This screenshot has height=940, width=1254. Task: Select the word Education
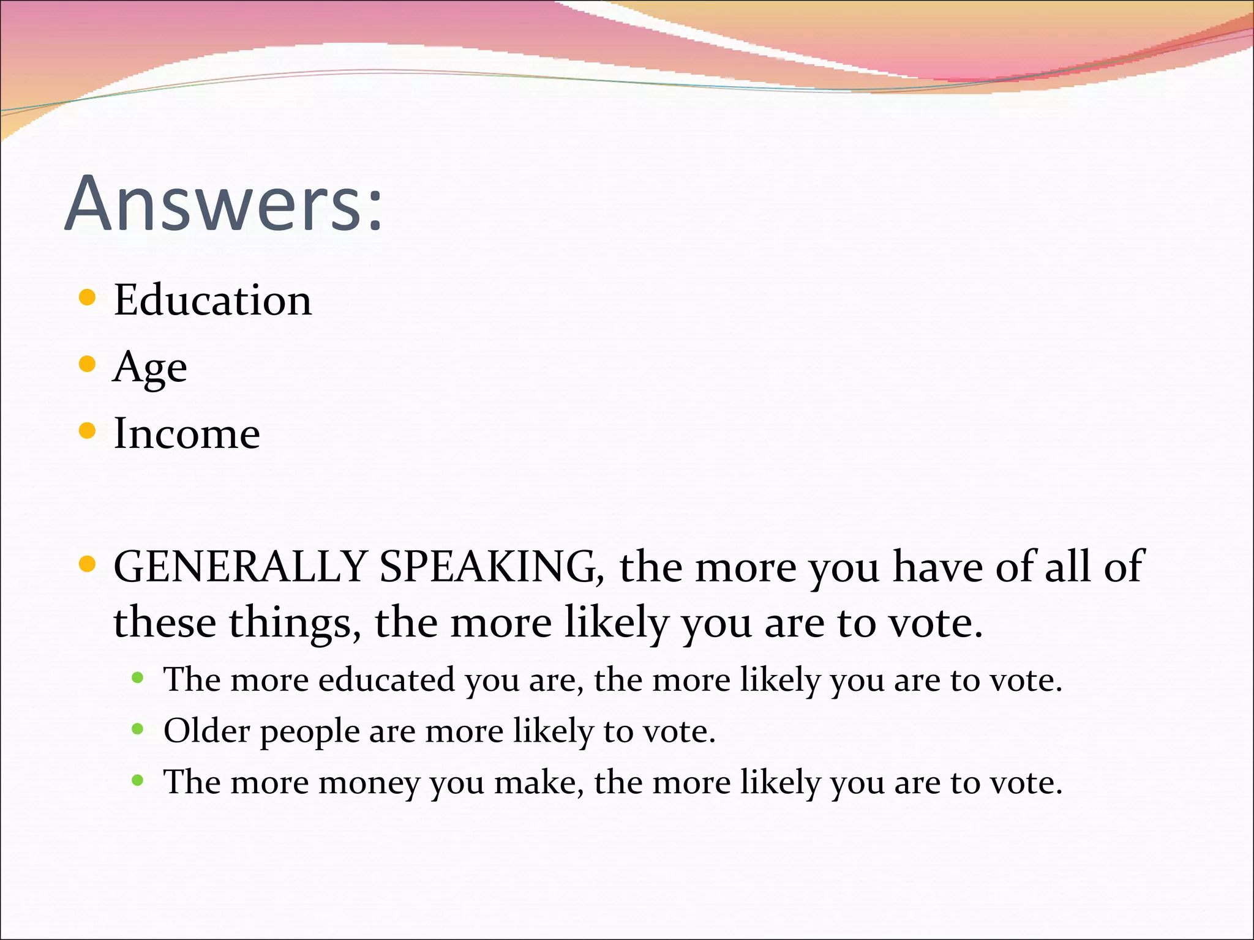pyautogui.click(x=212, y=300)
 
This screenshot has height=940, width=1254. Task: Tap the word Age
pyautogui.click(x=150, y=368)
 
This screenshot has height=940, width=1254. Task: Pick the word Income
pyautogui.click(x=187, y=433)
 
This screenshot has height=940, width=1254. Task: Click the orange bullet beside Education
pyautogui.click(x=88, y=298)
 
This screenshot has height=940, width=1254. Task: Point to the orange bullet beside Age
pyautogui.click(x=88, y=365)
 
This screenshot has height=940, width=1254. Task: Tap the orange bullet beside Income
pyautogui.click(x=88, y=431)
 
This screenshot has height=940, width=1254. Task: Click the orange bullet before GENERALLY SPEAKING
pyautogui.click(x=88, y=564)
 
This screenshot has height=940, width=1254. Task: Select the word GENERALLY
pyautogui.click(x=240, y=566)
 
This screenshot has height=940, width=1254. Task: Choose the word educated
pyautogui.click(x=386, y=680)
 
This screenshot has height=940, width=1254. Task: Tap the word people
pyautogui.click(x=310, y=732)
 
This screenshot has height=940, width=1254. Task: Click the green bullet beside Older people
pyautogui.click(x=138, y=729)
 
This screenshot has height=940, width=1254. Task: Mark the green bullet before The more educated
pyautogui.click(x=138, y=677)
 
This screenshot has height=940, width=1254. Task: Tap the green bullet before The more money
pyautogui.click(x=138, y=780)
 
